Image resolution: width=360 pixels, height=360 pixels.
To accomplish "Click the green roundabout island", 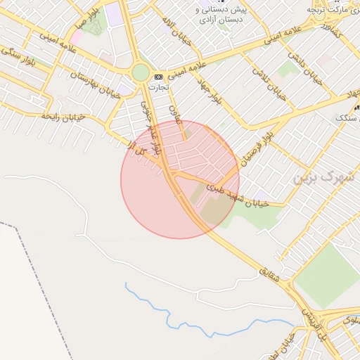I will pos(141,72).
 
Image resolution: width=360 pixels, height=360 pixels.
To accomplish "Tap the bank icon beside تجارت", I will pos(158,77).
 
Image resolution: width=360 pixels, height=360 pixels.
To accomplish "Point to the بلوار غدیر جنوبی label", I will pos(153,127).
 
